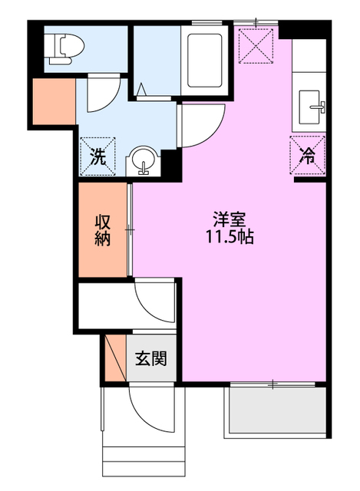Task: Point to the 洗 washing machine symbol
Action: tap(98, 157)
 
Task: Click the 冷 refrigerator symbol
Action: tap(307, 157)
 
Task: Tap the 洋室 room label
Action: tap(230, 218)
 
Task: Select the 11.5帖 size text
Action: tap(230, 237)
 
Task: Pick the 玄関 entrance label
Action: tap(152, 358)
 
